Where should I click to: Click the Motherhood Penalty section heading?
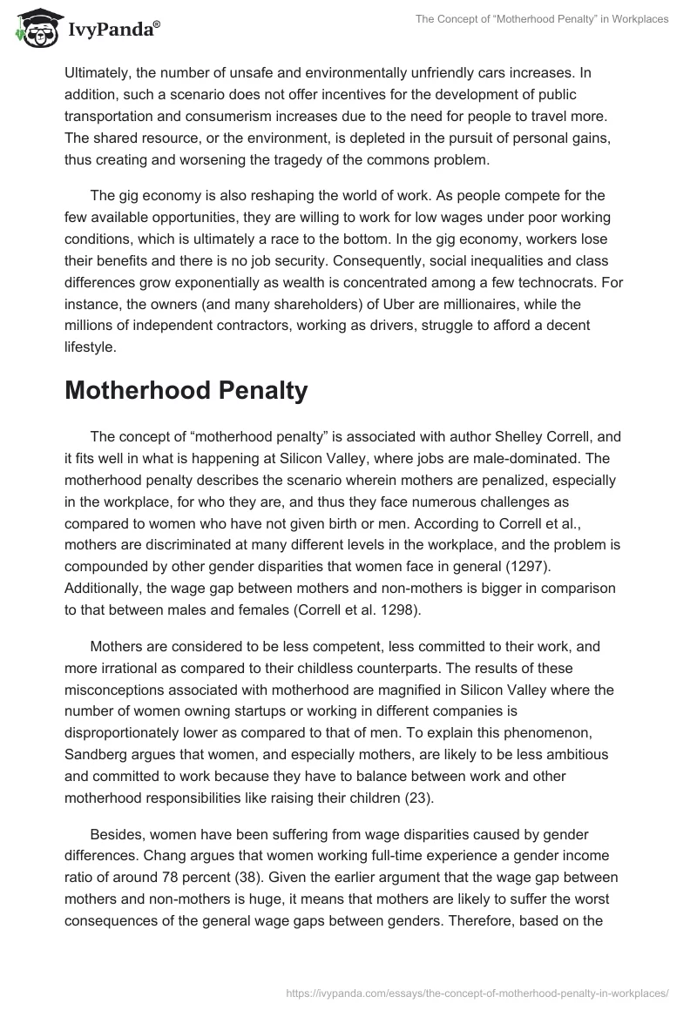(186, 391)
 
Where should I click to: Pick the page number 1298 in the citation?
(396, 609)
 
